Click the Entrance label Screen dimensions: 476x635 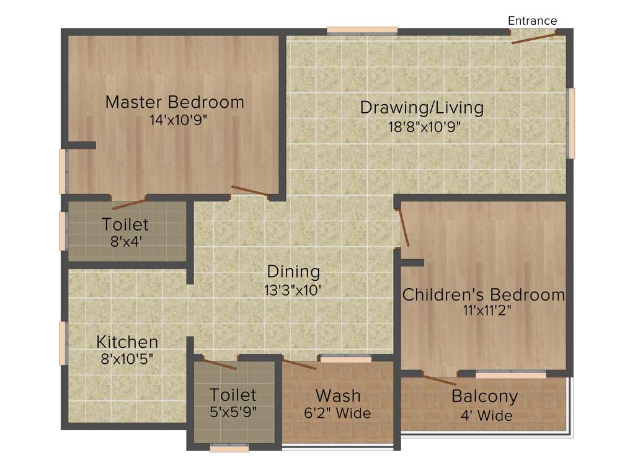click(532, 20)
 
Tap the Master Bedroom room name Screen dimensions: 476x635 click(175, 102)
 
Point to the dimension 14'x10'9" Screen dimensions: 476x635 click(178, 120)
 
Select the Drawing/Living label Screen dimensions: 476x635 click(422, 107)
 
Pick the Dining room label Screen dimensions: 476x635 click(293, 271)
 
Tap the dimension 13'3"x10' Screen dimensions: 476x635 click(293, 289)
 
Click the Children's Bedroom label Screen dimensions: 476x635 click(484, 294)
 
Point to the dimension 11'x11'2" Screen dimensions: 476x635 click(484, 312)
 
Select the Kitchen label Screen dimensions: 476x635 click(127, 342)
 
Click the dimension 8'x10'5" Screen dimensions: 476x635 click(127, 359)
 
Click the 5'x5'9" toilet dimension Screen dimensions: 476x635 click(233, 411)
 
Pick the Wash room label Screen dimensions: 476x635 click(338, 395)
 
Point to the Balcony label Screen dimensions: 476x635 click(484, 396)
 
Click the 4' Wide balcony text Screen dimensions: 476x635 click(486, 415)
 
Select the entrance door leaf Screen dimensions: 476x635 click(533, 38)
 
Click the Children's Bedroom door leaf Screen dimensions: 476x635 click(404, 228)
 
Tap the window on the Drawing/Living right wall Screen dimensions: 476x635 click(571, 123)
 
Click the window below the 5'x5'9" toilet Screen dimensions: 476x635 click(229, 447)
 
